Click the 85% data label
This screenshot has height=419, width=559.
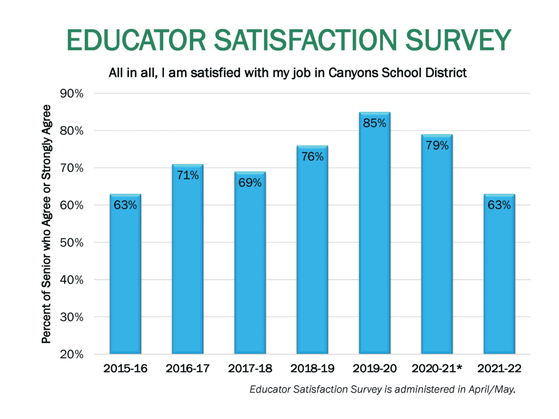point(374,123)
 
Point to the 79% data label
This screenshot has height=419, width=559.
point(437,145)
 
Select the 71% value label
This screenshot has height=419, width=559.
point(188,175)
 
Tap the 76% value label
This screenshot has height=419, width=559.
point(312,157)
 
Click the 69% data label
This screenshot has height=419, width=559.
point(250,183)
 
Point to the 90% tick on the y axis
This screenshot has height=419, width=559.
point(72,94)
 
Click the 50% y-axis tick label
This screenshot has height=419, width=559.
point(72,243)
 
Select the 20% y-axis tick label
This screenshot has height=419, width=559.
point(72,355)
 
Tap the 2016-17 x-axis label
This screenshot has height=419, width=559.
point(188,369)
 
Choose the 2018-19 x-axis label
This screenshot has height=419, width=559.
point(312,369)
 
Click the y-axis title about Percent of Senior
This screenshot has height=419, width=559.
point(47,224)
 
